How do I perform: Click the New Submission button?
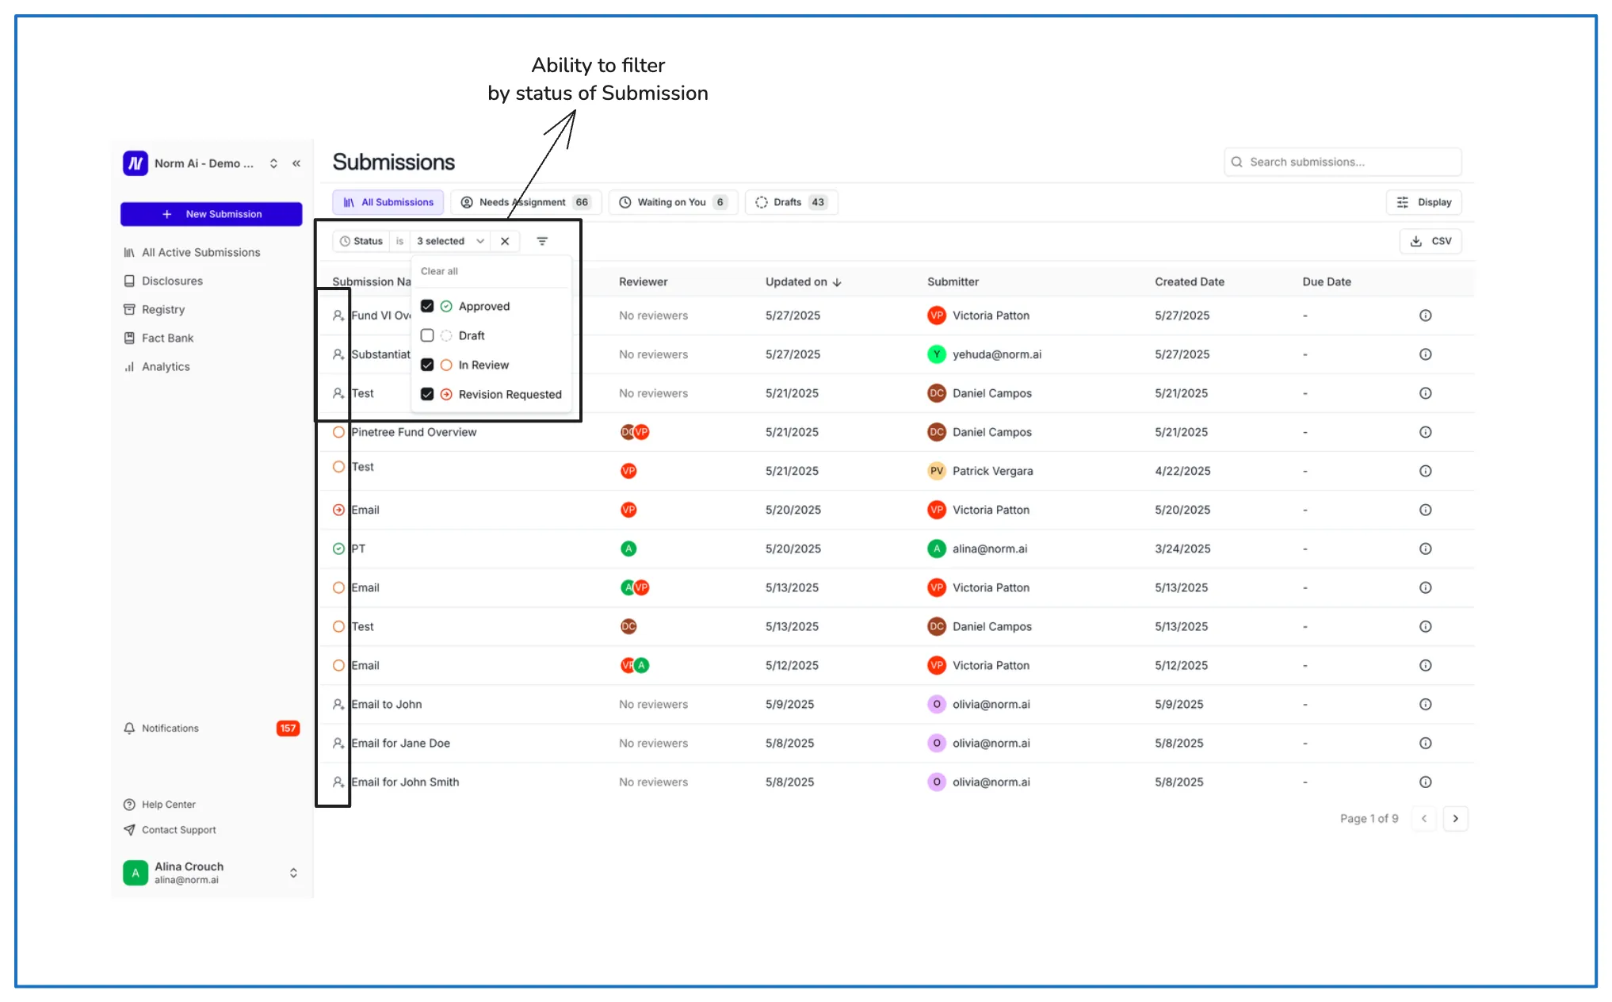pyautogui.click(x=211, y=214)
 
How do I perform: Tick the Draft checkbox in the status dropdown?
pyautogui.click(x=427, y=335)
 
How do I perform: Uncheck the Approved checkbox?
pyautogui.click(x=427, y=306)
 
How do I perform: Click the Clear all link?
pyautogui.click(x=439, y=271)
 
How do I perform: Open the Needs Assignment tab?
pyautogui.click(x=525, y=202)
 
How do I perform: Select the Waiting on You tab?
pyautogui.click(x=672, y=202)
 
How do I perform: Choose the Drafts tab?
pyautogui.click(x=791, y=202)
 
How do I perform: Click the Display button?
pyautogui.click(x=1424, y=202)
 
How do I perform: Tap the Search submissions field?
pyautogui.click(x=1343, y=162)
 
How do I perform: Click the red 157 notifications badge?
pyautogui.click(x=288, y=728)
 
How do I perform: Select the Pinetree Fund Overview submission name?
pyautogui.click(x=414, y=432)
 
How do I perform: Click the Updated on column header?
pyautogui.click(x=803, y=281)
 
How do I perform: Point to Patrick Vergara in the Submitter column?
pyautogui.click(x=992, y=471)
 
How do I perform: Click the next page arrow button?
pyautogui.click(x=1455, y=818)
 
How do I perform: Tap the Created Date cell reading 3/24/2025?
pyautogui.click(x=1182, y=549)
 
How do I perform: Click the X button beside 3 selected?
pyautogui.click(x=505, y=241)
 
